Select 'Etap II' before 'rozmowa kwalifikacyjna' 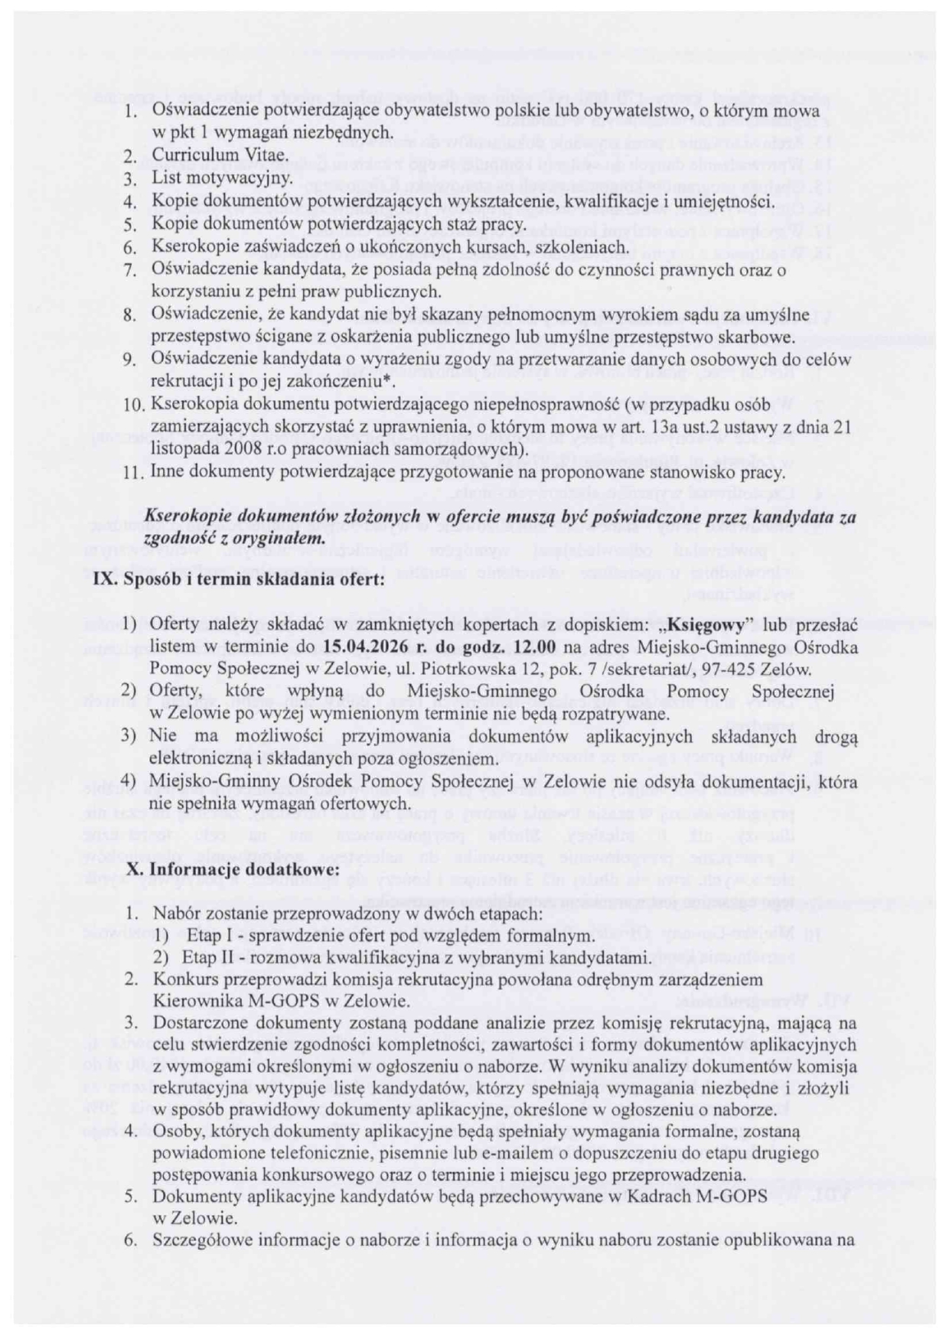205,958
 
